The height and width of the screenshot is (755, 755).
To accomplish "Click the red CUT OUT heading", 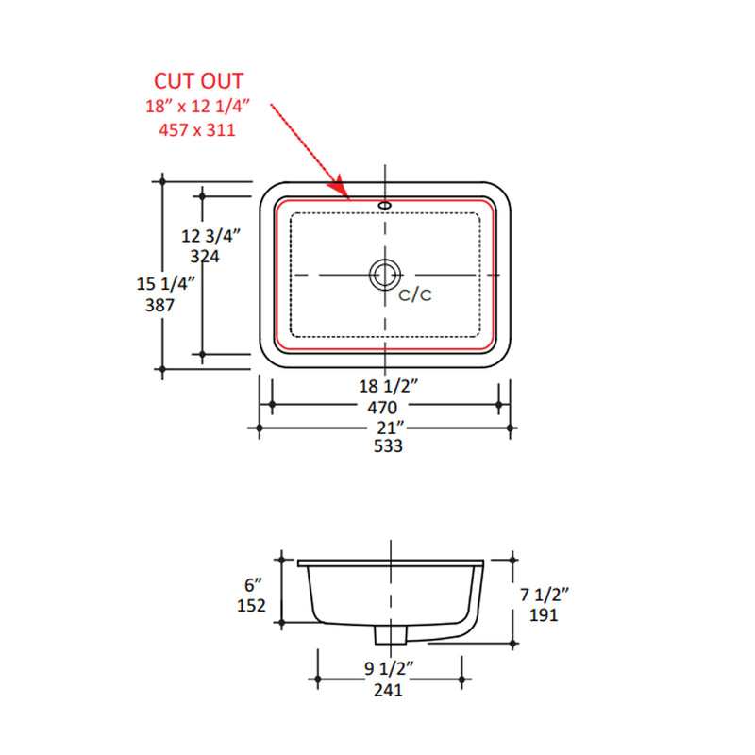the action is [198, 81].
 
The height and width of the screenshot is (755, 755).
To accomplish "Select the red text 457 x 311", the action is [197, 130].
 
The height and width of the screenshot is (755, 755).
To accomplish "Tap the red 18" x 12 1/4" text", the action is [198, 106].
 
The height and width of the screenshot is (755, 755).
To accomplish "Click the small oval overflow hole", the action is [385, 206].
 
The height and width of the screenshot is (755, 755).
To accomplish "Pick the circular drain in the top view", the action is [385, 275].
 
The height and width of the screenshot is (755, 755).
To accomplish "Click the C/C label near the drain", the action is [415, 294].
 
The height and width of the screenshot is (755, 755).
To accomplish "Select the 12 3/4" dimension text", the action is [210, 236].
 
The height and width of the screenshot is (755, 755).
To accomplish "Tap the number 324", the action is [205, 256].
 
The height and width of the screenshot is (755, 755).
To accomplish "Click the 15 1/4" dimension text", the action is [166, 284].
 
